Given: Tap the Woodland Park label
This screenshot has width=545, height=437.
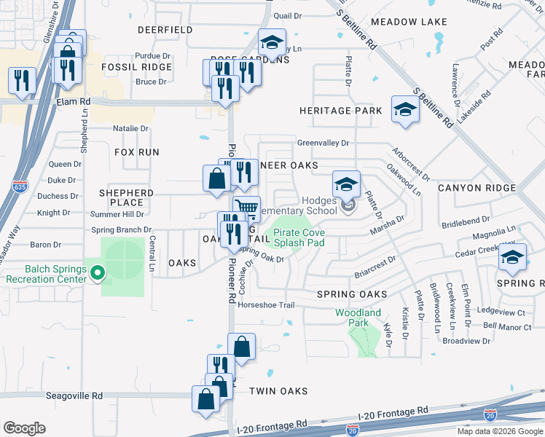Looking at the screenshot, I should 358,318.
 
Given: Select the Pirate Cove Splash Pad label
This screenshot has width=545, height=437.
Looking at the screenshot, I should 299,238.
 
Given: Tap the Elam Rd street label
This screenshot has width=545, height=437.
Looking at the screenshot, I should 73,102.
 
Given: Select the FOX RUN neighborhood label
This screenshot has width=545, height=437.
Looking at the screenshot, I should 137,152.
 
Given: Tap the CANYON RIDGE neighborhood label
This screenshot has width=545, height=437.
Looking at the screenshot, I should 477,188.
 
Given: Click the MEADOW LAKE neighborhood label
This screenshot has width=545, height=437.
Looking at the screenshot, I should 408,22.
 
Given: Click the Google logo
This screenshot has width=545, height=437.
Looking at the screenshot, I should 24,428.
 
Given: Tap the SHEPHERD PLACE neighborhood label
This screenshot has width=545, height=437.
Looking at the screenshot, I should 126,197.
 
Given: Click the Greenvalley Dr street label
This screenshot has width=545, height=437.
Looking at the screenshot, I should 324,143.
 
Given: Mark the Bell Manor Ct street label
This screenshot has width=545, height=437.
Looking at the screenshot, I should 507,327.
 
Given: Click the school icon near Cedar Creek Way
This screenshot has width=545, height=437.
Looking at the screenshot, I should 512,256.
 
